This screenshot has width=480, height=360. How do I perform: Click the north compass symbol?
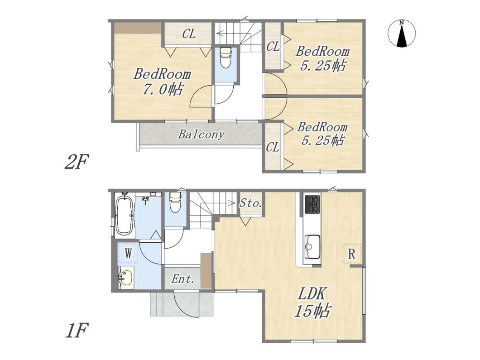point(402,34)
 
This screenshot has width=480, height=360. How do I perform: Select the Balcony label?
point(202,134)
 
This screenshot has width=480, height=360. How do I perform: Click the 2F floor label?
point(77,161)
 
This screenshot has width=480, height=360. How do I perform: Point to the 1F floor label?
point(77,330)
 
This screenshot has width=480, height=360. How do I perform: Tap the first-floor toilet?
point(175,202)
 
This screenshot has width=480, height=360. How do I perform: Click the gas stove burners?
point(312,204)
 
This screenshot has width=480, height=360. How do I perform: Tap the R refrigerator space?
point(352,254)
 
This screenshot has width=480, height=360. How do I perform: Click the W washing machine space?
point(128,253)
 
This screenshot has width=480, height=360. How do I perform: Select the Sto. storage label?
point(251,203)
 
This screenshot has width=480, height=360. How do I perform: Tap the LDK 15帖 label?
point(312,302)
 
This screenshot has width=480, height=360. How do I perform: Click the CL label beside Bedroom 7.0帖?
point(189,34)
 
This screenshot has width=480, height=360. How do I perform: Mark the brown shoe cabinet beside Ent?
point(206,270)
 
